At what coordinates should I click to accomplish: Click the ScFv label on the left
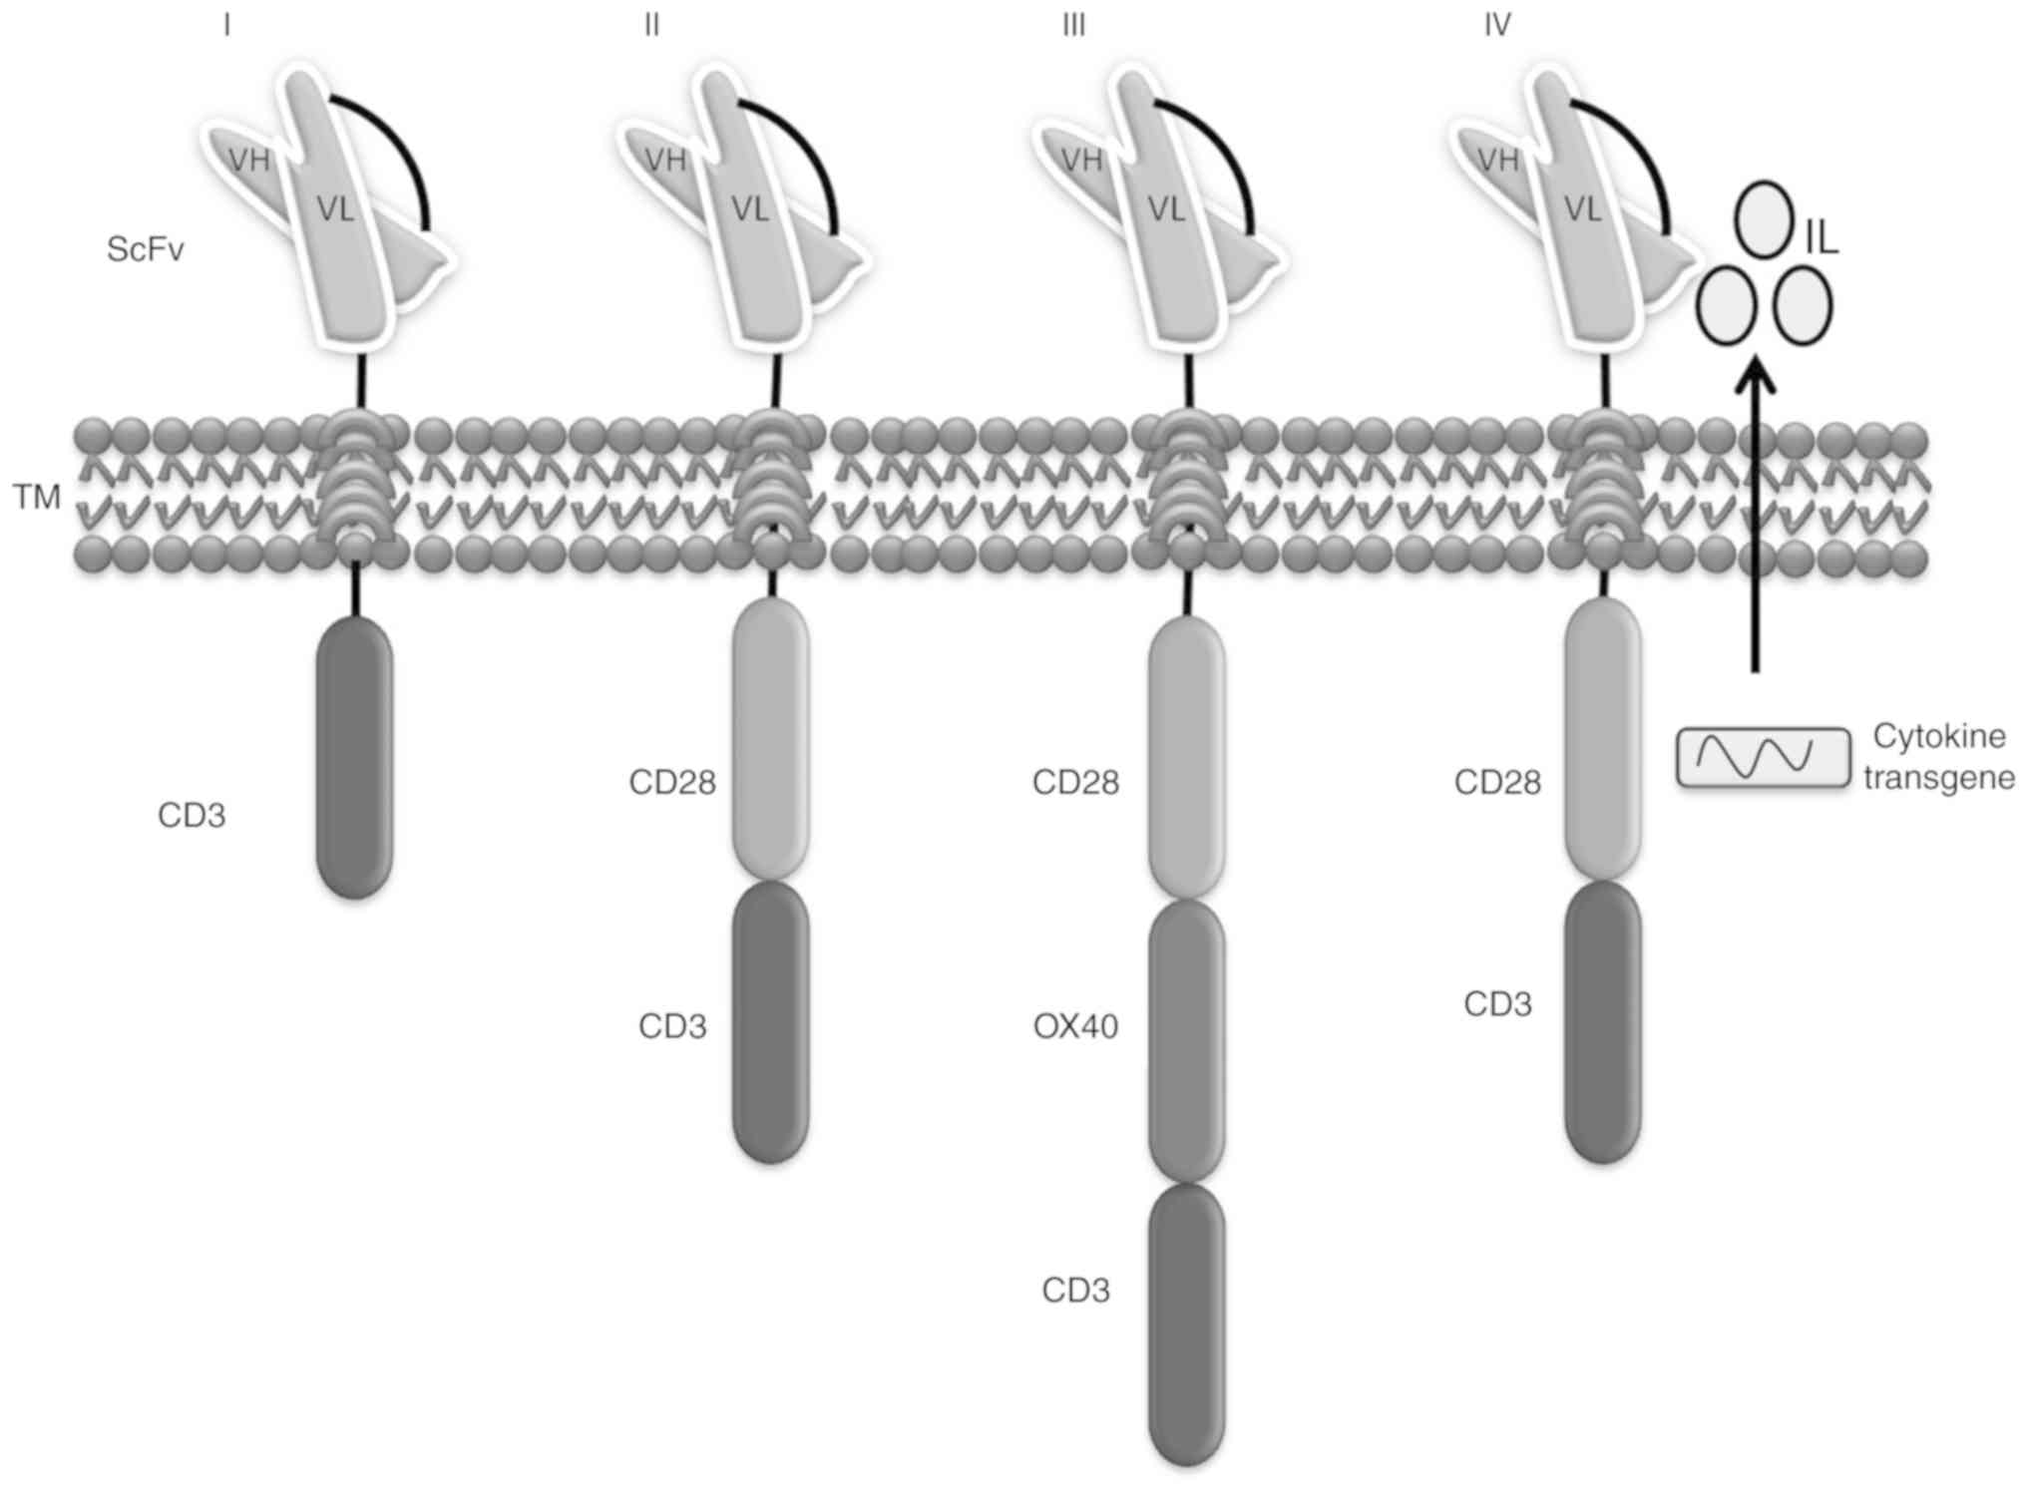coord(145,249)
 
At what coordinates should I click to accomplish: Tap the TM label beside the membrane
coord(37,496)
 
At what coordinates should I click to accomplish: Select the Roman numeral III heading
coord(1073,26)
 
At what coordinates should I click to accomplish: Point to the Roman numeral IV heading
coord(1496,26)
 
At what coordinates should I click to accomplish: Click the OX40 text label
coord(1075,1026)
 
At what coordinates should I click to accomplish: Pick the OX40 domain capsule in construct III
coord(1187,1041)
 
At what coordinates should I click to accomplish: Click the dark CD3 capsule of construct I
coord(354,757)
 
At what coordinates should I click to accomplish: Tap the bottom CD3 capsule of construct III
coord(1187,1324)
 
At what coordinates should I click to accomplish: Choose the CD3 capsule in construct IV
coord(1602,1021)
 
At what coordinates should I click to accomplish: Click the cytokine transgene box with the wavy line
coord(1762,757)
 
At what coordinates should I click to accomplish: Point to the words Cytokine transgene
coord(1938,757)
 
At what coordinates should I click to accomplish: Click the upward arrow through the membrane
coord(1756,519)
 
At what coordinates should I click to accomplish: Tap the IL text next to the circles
coord(1822,239)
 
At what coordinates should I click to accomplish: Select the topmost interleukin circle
coord(1763,219)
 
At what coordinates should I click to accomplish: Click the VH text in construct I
coord(249,160)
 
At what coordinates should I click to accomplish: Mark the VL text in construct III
coord(1166,209)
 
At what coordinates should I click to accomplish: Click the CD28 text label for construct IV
coord(1496,783)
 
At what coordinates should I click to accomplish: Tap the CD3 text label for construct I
coord(192,816)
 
